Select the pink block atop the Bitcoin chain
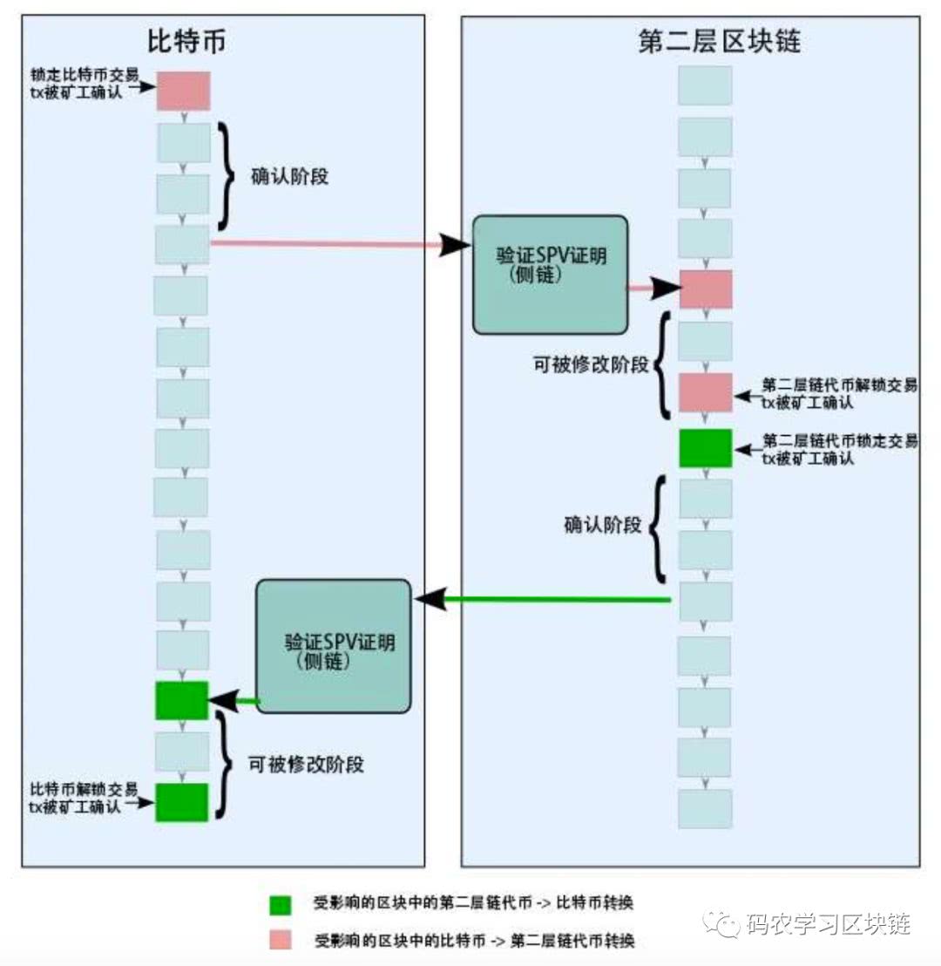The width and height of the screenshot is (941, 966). click(x=183, y=91)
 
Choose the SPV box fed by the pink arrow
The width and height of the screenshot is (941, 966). click(x=550, y=275)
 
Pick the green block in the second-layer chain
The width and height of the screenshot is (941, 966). click(x=705, y=447)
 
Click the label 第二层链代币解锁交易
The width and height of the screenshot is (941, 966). click(x=839, y=384)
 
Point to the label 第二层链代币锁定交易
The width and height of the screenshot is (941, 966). click(x=839, y=441)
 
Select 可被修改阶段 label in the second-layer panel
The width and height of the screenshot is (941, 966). click(x=591, y=364)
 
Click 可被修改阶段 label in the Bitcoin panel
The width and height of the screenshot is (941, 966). click(x=305, y=765)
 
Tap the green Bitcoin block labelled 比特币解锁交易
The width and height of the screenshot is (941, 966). click(x=181, y=802)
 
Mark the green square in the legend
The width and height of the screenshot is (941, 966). click(x=281, y=904)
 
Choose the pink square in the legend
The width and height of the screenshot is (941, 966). click(x=281, y=940)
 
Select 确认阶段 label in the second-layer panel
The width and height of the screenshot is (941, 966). click(x=602, y=526)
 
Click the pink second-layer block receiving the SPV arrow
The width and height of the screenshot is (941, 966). click(x=705, y=289)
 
